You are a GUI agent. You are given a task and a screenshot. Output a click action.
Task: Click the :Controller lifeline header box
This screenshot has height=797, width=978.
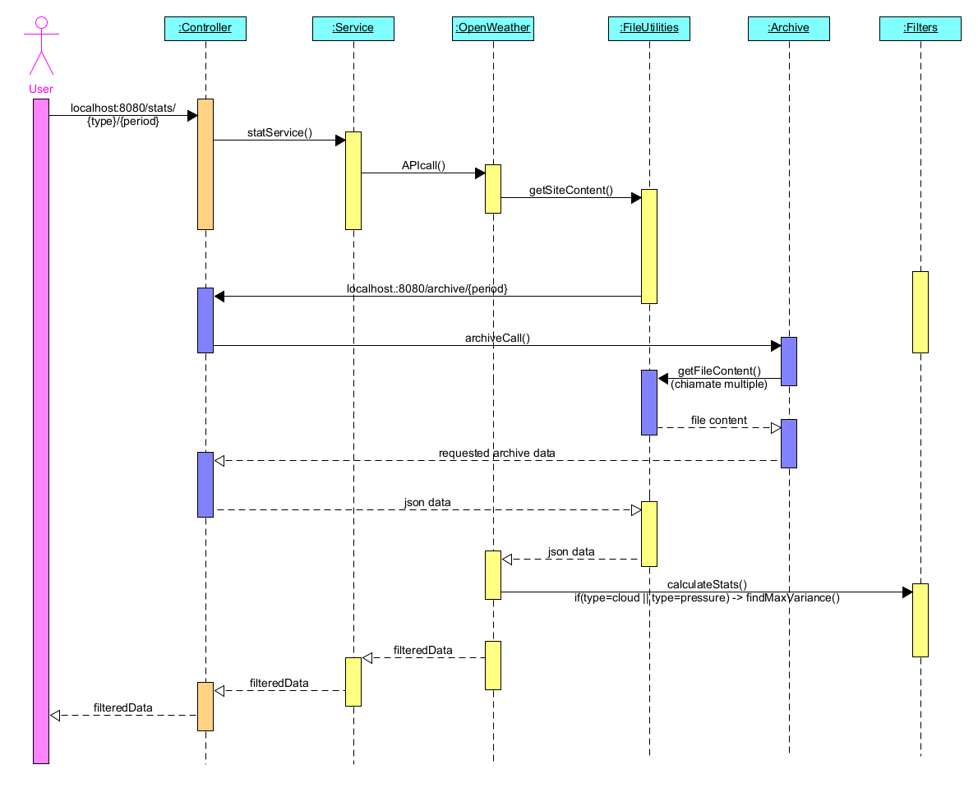click(x=205, y=28)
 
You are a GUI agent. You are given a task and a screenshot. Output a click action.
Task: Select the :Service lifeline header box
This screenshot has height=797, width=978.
click(x=353, y=28)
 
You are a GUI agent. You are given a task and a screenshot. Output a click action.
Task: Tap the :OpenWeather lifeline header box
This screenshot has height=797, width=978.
click(x=493, y=28)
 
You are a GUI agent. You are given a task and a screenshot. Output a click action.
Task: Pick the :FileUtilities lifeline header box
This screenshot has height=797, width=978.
click(x=648, y=28)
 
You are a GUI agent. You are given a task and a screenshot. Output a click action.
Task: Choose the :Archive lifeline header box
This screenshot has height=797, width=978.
click(x=788, y=28)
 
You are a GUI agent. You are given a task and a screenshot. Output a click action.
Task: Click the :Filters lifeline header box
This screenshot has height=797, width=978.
click(x=920, y=28)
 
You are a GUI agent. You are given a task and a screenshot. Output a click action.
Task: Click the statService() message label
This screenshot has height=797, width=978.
click(x=279, y=133)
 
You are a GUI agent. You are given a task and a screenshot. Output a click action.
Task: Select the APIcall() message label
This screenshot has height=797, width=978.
click(x=422, y=166)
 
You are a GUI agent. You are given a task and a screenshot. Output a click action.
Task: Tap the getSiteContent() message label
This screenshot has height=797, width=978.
click(x=570, y=191)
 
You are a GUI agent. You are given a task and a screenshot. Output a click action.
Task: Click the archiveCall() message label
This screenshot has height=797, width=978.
click(x=497, y=338)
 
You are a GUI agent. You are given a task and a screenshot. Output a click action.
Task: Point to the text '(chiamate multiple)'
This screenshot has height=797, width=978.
click(x=719, y=384)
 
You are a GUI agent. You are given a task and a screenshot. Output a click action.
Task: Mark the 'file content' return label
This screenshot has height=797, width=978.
click(x=718, y=421)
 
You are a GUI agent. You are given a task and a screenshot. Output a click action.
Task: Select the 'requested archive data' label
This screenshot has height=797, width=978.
click(x=496, y=453)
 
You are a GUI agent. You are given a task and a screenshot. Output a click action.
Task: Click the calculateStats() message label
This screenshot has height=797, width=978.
click(x=706, y=584)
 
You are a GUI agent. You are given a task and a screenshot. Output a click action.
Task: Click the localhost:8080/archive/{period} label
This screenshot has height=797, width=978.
click(x=427, y=289)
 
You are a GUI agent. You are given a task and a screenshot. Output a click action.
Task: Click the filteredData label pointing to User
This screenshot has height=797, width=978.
click(x=122, y=707)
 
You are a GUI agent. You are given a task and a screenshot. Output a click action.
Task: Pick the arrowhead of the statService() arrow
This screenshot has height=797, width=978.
click(x=340, y=141)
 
